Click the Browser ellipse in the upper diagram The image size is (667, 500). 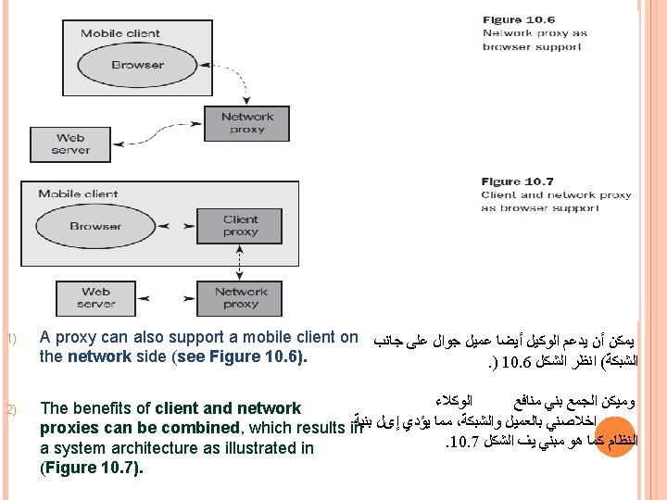point(137,65)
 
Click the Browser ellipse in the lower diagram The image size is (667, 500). point(95,226)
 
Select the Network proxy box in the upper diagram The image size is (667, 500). point(247,123)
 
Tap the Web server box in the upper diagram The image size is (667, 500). point(70,144)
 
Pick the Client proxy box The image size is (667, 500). point(240,226)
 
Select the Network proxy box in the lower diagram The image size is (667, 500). point(240,298)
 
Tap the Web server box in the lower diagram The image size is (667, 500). point(95,298)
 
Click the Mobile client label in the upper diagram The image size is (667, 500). point(120,33)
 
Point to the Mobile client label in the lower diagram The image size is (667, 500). point(79,194)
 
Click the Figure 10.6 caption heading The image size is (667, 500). point(518,19)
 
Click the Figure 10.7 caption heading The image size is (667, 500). point(518,181)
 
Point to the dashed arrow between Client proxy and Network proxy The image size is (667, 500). point(240,262)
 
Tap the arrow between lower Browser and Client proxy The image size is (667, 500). point(185,226)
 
